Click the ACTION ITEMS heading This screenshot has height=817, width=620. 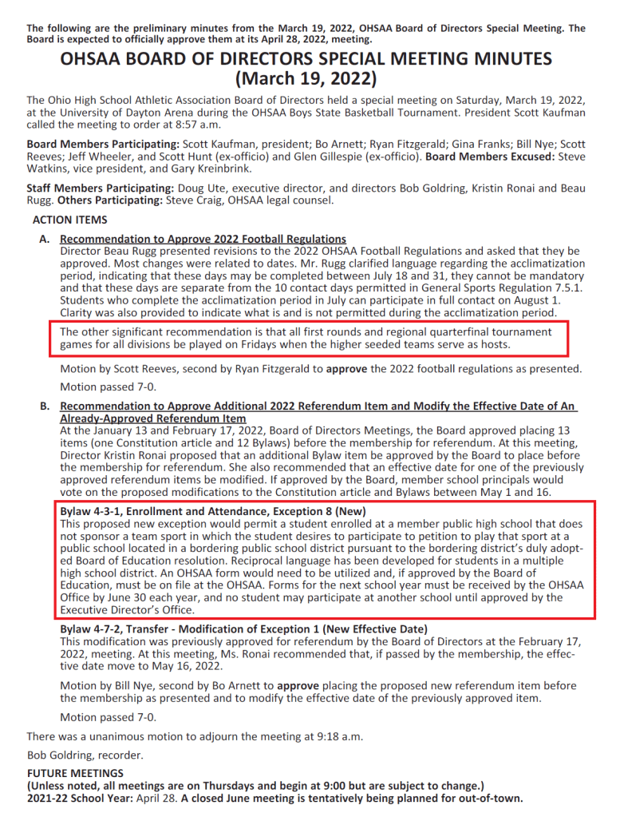(69, 220)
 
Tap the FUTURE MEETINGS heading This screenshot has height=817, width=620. (76, 773)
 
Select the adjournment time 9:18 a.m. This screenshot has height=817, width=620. (321, 736)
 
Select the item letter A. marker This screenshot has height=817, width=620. (45, 239)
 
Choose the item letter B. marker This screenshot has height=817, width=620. (45, 407)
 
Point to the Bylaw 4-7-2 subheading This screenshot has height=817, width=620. (243, 629)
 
